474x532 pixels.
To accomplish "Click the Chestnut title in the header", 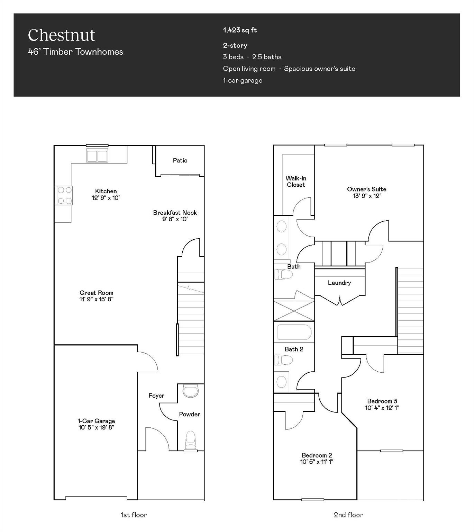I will (x=61, y=35).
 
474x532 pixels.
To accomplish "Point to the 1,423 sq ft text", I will (x=240, y=30).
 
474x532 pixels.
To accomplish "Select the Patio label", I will (x=180, y=160).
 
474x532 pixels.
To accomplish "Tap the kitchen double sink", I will (x=97, y=156).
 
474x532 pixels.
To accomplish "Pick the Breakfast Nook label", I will (x=175, y=213).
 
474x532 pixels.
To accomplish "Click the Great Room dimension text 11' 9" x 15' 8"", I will (x=96, y=299).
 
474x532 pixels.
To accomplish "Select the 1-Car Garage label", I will (x=96, y=421).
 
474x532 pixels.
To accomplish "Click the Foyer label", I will (x=156, y=396).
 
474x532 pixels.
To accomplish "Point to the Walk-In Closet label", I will (x=296, y=181).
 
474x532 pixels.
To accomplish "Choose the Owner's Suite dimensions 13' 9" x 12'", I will (x=366, y=196).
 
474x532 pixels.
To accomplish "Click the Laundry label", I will (x=339, y=283).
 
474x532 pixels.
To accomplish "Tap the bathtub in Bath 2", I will (x=294, y=332).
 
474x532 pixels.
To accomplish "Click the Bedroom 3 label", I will (x=382, y=401).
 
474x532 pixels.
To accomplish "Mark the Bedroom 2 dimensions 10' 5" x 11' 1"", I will (x=317, y=462).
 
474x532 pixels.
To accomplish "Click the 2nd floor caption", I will (x=348, y=515).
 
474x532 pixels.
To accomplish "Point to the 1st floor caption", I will (x=134, y=515).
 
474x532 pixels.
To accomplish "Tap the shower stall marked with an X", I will (x=294, y=311).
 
